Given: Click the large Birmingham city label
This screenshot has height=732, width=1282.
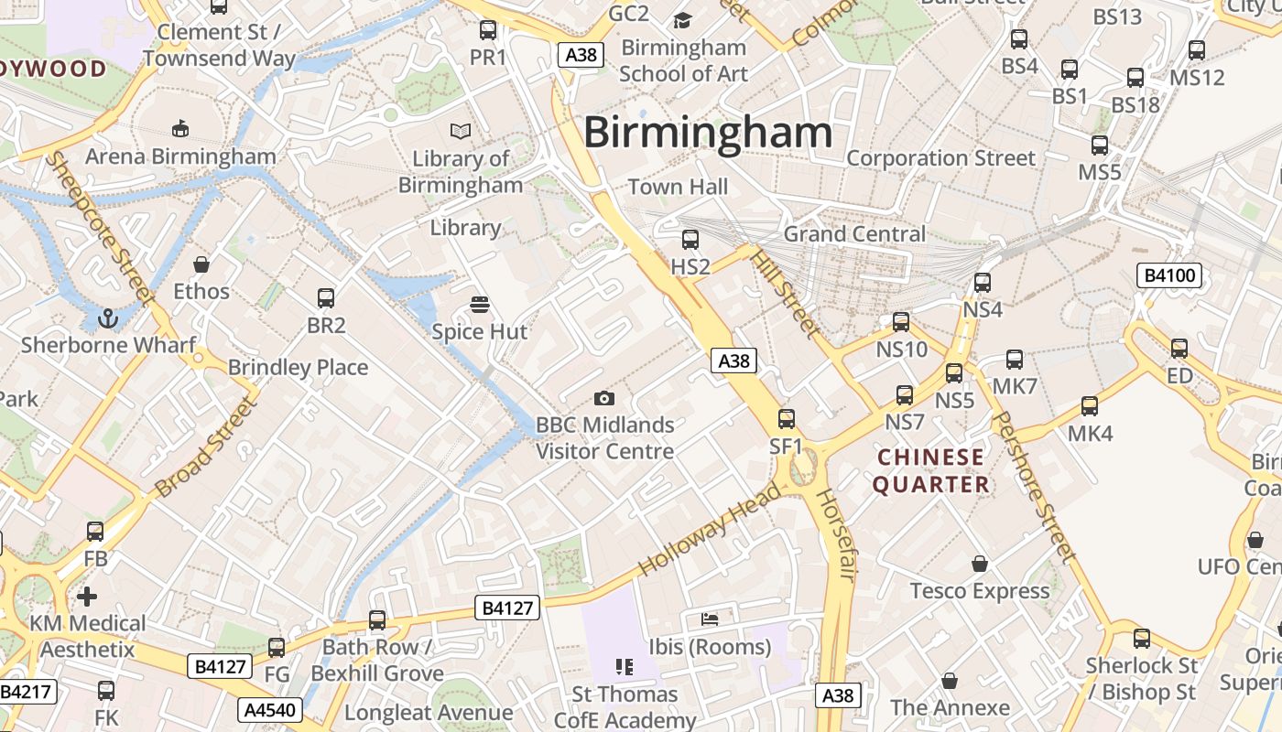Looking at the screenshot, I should [x=708, y=133].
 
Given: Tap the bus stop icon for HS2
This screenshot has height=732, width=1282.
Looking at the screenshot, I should [x=690, y=240].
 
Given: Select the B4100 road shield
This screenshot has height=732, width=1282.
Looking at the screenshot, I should [x=1168, y=275].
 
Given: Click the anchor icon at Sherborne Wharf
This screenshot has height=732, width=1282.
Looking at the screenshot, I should [x=108, y=318].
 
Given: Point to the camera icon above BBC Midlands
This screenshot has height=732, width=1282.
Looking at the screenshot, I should [x=603, y=398].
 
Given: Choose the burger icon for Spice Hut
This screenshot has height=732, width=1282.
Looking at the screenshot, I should [x=480, y=305].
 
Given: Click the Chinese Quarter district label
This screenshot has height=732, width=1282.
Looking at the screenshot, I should [x=930, y=470].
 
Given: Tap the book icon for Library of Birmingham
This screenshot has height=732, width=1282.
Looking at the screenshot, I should [x=461, y=132].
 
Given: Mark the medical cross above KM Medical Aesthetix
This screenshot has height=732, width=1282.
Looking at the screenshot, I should [x=87, y=597].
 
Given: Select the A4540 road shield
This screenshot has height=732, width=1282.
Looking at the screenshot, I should [x=270, y=709].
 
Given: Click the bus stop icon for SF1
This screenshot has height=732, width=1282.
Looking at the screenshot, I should [x=786, y=419].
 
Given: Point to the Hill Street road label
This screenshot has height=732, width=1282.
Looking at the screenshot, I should [x=784, y=293].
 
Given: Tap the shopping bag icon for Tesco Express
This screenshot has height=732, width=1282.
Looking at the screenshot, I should [x=980, y=564].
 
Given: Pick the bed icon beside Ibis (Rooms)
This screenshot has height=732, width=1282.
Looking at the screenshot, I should [x=709, y=619].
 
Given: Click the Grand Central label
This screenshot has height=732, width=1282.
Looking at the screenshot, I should [x=854, y=234].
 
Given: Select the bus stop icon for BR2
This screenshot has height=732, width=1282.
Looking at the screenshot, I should [x=326, y=297].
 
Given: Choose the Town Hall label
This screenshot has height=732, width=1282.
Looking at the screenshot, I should [x=678, y=187].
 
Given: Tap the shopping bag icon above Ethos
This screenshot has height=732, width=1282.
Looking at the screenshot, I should [x=201, y=264].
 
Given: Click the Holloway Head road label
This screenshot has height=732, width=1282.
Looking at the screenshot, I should [x=710, y=531].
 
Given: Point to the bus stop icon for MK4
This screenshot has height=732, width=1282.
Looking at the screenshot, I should [x=1090, y=405].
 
